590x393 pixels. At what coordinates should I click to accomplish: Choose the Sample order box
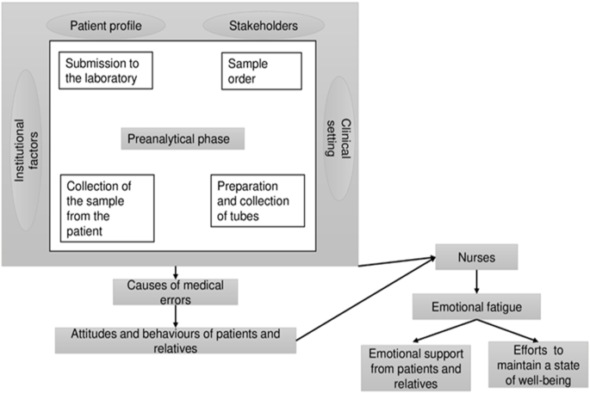coord(261,72)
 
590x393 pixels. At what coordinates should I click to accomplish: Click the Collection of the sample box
coord(108,207)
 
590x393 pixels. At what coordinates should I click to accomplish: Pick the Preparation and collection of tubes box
coord(258,201)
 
